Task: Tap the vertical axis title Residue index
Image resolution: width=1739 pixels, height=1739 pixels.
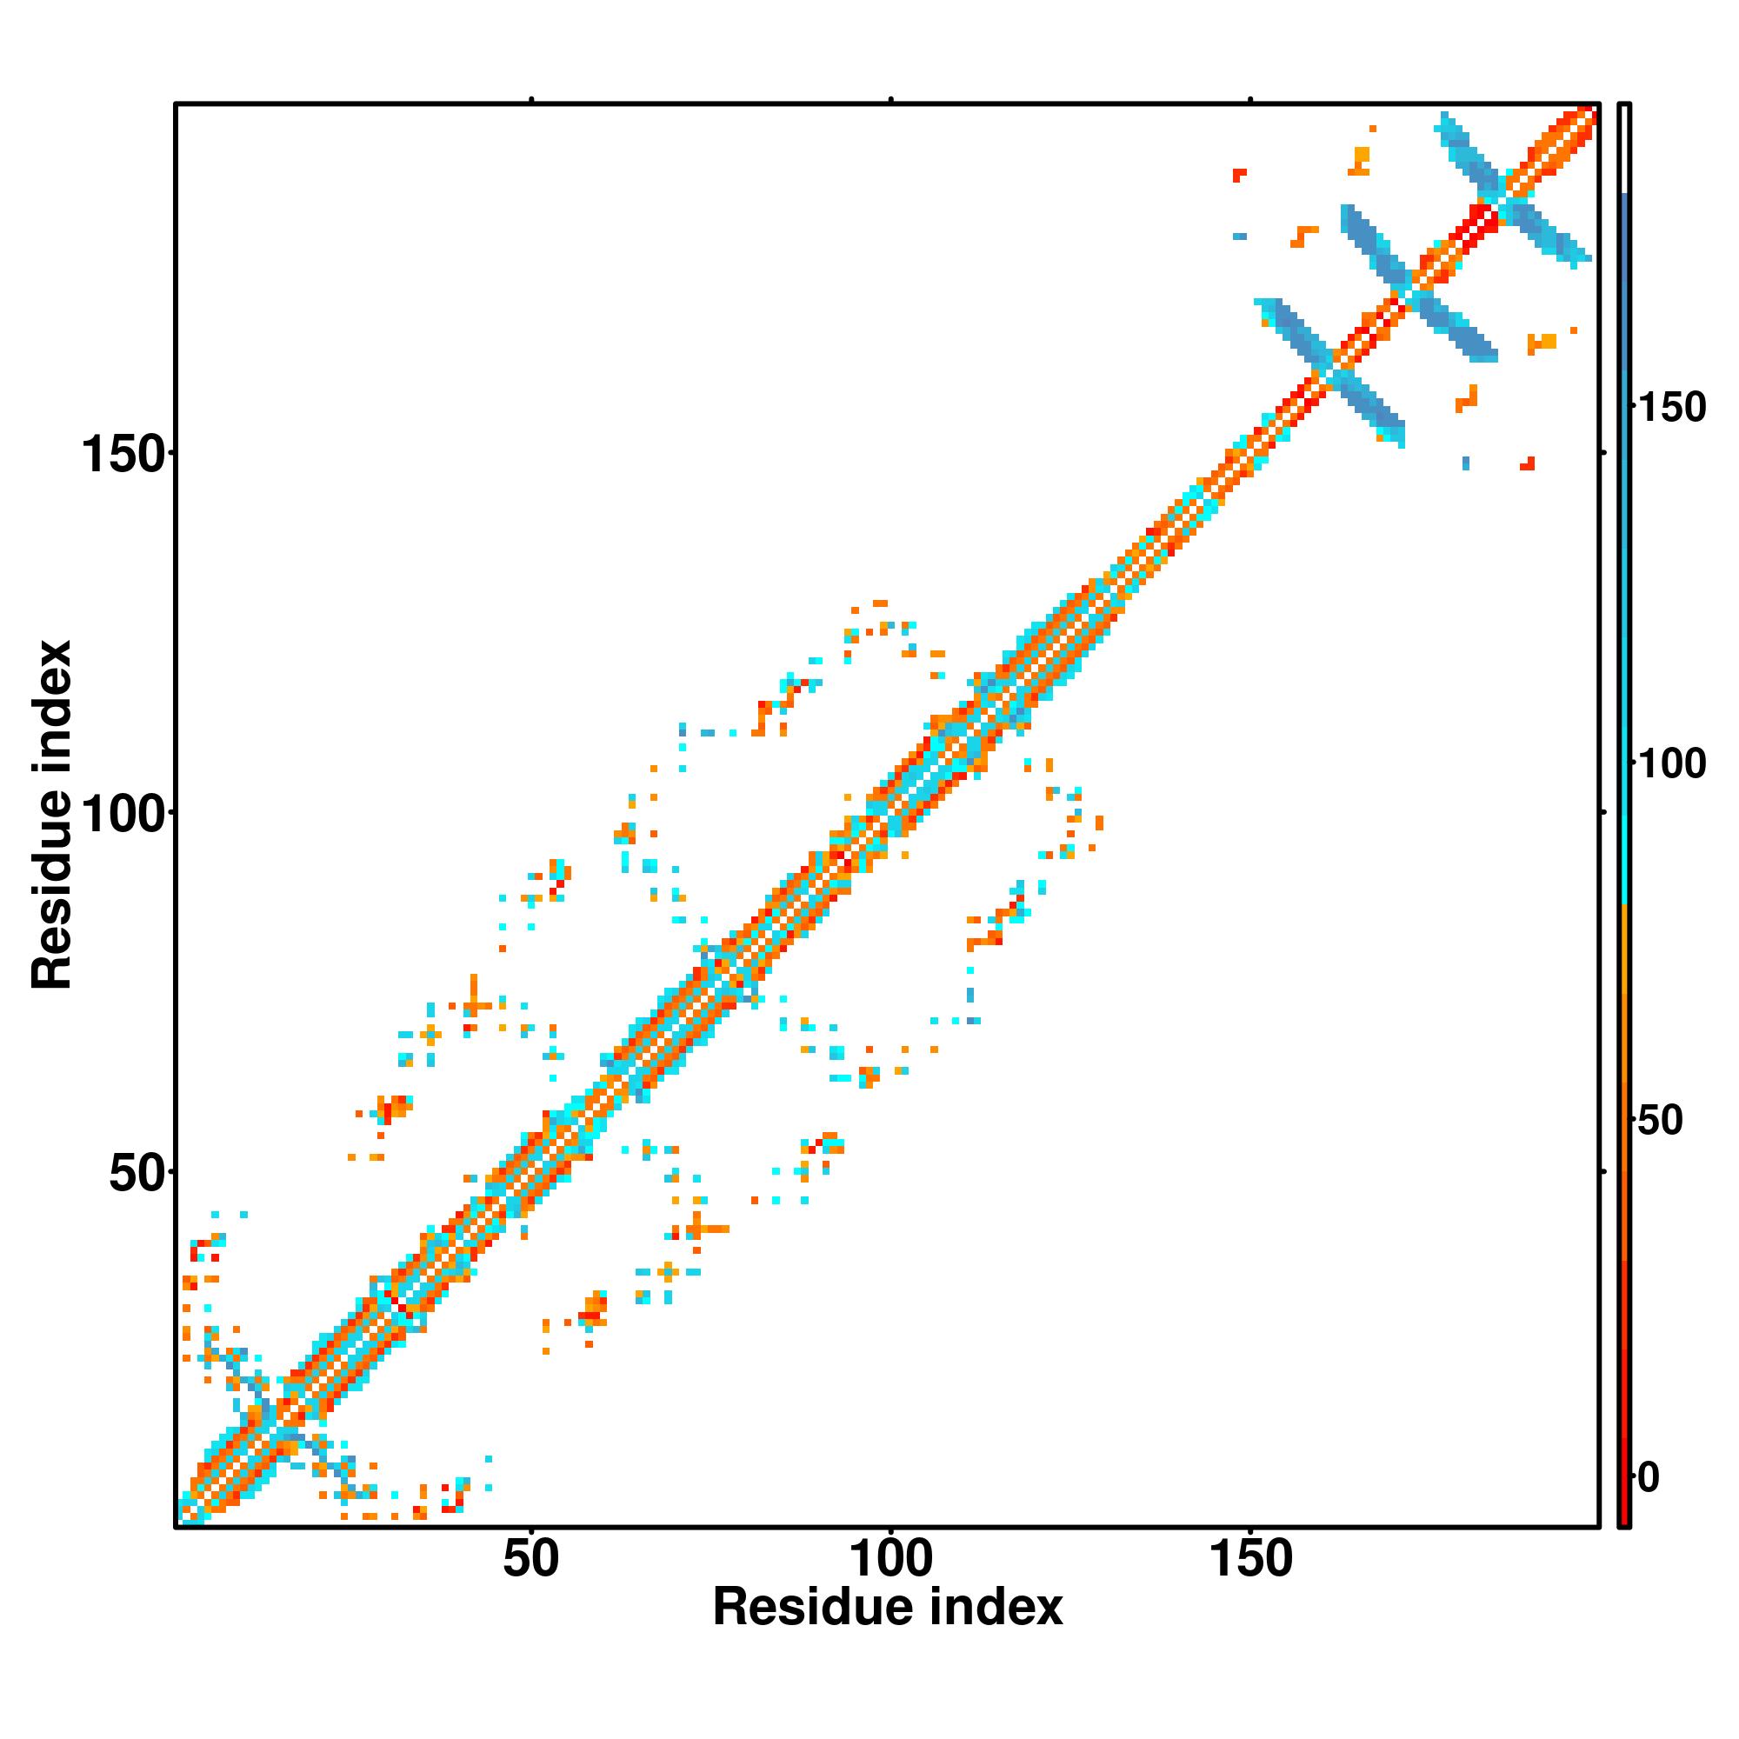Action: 51,815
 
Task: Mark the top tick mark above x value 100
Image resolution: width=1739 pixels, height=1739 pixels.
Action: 890,100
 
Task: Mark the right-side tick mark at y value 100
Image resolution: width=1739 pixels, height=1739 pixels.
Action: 1603,812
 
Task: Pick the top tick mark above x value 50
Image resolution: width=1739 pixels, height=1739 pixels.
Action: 531,100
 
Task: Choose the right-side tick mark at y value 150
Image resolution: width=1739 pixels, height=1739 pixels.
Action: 1603,453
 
